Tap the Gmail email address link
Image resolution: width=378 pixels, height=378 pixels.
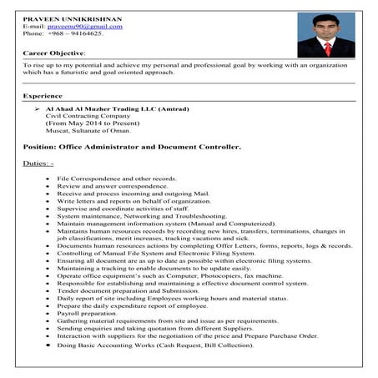(91, 26)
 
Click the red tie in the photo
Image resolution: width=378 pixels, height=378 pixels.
(327, 48)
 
